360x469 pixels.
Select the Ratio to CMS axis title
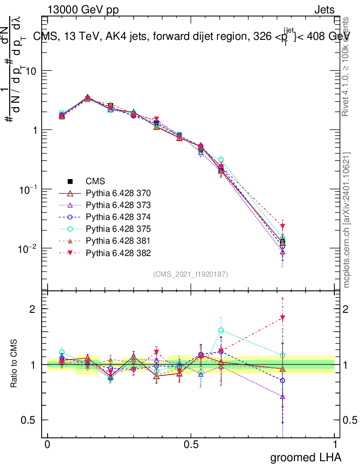pyautogui.click(x=14, y=364)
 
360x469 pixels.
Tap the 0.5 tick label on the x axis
pyautogui.click(x=191, y=445)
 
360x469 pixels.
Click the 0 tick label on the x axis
pyautogui.click(x=48, y=445)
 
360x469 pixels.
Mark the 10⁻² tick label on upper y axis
pyautogui.click(x=28, y=248)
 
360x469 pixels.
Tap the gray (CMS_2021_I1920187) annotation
pyautogui.click(x=191, y=274)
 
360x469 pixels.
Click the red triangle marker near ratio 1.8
pyautogui.click(x=283, y=318)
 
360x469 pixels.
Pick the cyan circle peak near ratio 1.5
pyautogui.click(x=221, y=330)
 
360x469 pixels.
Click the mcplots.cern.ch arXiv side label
pyautogui.click(x=347, y=220)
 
